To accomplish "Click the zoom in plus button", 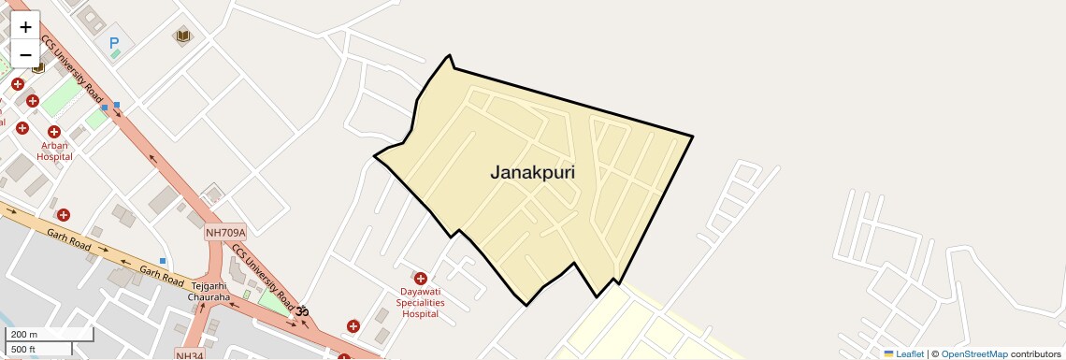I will click(x=25, y=26).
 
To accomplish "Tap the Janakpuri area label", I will click(x=532, y=173).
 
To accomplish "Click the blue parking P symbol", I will click(x=115, y=42).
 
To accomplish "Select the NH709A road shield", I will click(x=224, y=232).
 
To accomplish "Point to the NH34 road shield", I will click(x=190, y=354).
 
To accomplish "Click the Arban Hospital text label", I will click(x=54, y=151).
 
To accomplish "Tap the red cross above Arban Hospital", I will click(x=54, y=132).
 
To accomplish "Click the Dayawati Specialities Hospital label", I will click(x=420, y=302).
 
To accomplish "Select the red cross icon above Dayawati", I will click(x=420, y=279).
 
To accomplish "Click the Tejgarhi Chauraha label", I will click(x=209, y=292).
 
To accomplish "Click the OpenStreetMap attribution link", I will click(x=973, y=353).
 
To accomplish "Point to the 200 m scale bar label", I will click(x=24, y=335).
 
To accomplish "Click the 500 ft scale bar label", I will click(x=24, y=349).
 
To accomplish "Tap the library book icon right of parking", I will click(x=182, y=36).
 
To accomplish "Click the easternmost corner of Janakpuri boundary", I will click(x=693, y=137).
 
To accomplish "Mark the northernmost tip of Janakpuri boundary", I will click(x=450, y=55).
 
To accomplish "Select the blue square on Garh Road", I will click(x=163, y=261).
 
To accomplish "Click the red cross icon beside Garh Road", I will click(x=64, y=215).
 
